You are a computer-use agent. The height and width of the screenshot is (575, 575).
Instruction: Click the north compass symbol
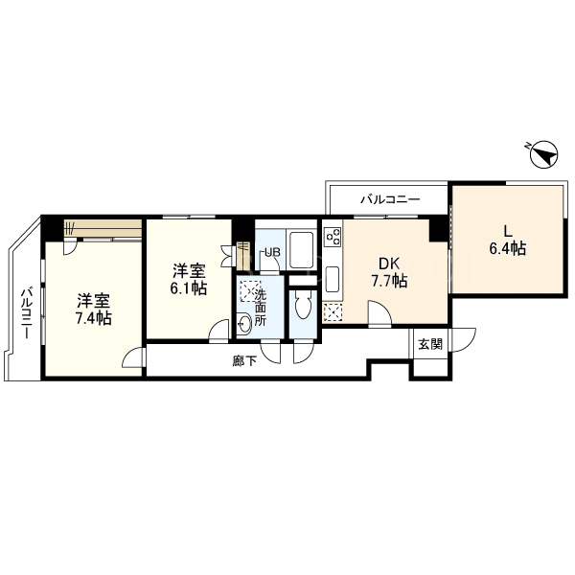544,154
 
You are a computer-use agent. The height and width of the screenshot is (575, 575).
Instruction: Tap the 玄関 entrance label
430,344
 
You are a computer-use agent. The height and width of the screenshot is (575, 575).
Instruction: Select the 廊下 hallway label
244,361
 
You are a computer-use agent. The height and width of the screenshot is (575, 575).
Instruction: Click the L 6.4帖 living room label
508,241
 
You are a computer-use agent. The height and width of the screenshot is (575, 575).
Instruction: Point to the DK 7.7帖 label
389,272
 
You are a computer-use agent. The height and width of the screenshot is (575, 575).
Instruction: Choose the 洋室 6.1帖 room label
189,280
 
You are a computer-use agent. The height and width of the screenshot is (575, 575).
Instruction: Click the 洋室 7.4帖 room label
94,310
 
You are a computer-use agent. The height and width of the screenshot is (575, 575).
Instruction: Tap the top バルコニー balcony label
390,200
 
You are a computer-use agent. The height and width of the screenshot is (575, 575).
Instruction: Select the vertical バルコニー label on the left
26,313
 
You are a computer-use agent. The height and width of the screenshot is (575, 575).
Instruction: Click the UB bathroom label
272,252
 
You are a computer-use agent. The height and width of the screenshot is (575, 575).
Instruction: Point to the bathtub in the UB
301,250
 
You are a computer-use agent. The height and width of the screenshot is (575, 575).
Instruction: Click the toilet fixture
303,305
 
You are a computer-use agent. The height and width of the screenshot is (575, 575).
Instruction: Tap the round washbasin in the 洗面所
244,324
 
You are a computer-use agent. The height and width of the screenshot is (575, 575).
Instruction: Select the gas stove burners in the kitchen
333,236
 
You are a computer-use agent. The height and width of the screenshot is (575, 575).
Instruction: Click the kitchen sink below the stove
333,279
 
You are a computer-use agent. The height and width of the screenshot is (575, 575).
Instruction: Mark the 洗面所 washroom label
261,308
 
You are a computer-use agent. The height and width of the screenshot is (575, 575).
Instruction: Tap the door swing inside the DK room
379,312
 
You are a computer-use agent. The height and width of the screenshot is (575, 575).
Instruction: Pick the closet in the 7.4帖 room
103,228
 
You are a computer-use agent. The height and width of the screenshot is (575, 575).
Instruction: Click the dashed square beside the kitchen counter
333,312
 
